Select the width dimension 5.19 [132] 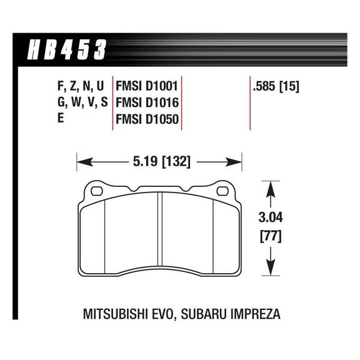coord(159,163)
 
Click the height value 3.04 coord(270,219)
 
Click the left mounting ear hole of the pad coord(97,188)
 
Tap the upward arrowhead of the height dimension coord(270,186)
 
